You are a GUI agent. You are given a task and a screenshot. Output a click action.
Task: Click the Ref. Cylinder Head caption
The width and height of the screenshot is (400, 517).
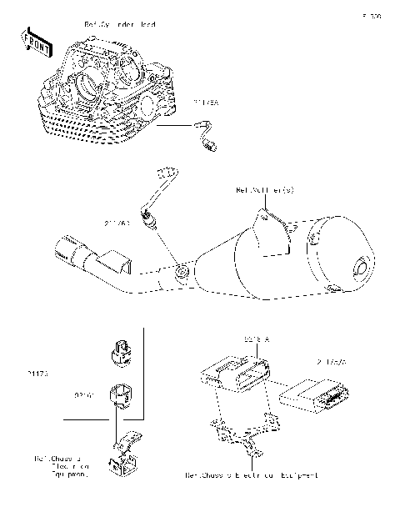click(x=120, y=25)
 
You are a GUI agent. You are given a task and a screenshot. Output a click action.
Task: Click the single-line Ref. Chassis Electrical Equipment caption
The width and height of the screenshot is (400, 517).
click(x=251, y=475)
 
